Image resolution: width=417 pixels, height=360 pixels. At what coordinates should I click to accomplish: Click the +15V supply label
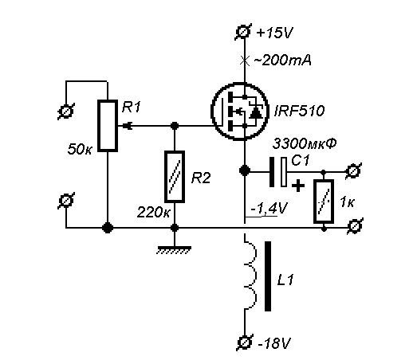274,33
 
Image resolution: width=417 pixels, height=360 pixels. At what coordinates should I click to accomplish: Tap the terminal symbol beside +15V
243,32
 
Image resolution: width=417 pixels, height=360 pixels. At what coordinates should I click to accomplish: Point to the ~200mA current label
282,61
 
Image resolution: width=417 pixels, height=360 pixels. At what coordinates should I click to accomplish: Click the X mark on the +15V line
245,61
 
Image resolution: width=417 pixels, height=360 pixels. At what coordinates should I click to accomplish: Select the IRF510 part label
299,111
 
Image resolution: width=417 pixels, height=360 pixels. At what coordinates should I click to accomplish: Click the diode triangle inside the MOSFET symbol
256,113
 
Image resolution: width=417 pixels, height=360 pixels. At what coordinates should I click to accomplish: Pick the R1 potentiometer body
108,126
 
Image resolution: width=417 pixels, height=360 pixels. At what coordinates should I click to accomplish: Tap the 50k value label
80,149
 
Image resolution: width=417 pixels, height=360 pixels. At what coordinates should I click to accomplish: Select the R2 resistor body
175,177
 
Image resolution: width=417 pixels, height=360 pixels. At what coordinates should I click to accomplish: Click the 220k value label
153,213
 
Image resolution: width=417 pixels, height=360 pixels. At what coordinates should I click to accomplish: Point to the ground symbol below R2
174,249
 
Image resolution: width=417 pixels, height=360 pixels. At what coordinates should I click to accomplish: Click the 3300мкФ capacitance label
305,143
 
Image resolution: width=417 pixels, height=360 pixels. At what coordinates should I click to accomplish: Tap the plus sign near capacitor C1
298,186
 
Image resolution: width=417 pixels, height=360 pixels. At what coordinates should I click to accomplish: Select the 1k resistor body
324,202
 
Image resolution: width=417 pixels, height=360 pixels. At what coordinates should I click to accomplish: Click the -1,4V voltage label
269,208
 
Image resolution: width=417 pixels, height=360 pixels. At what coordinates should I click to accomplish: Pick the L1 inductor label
285,280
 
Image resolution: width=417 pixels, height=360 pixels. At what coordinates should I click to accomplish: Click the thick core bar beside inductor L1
268,276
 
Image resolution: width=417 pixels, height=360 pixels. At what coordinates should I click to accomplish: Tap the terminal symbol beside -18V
245,342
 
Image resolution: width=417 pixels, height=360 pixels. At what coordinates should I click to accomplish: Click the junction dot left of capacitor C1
245,170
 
